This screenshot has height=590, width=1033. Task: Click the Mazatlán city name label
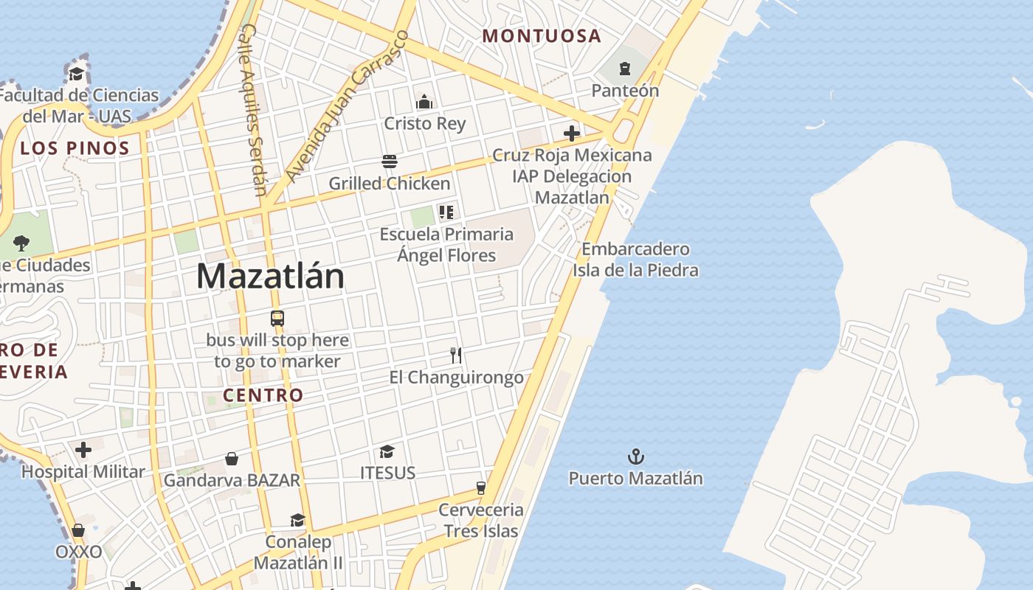270,277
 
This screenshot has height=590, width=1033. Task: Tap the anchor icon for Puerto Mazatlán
635,457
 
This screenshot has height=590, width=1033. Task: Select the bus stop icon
277,319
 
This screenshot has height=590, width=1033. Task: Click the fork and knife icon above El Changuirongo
456,355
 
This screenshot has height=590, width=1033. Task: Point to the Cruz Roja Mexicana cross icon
572,133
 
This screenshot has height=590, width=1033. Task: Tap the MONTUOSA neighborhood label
542,35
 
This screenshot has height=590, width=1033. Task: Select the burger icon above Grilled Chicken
390,162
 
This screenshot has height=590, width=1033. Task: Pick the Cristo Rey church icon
424,102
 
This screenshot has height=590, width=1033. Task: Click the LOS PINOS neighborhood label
75,147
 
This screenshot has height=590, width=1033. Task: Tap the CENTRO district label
263,395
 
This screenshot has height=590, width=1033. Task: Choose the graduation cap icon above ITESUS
387,451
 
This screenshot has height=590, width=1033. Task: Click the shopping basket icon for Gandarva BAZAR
232,459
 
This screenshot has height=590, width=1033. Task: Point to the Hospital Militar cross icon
83,449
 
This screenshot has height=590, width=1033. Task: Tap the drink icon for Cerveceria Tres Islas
481,487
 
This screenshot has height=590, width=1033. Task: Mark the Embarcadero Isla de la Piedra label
635,260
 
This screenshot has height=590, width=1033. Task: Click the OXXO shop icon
78,530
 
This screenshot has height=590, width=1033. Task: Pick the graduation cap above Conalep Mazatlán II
297,520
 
